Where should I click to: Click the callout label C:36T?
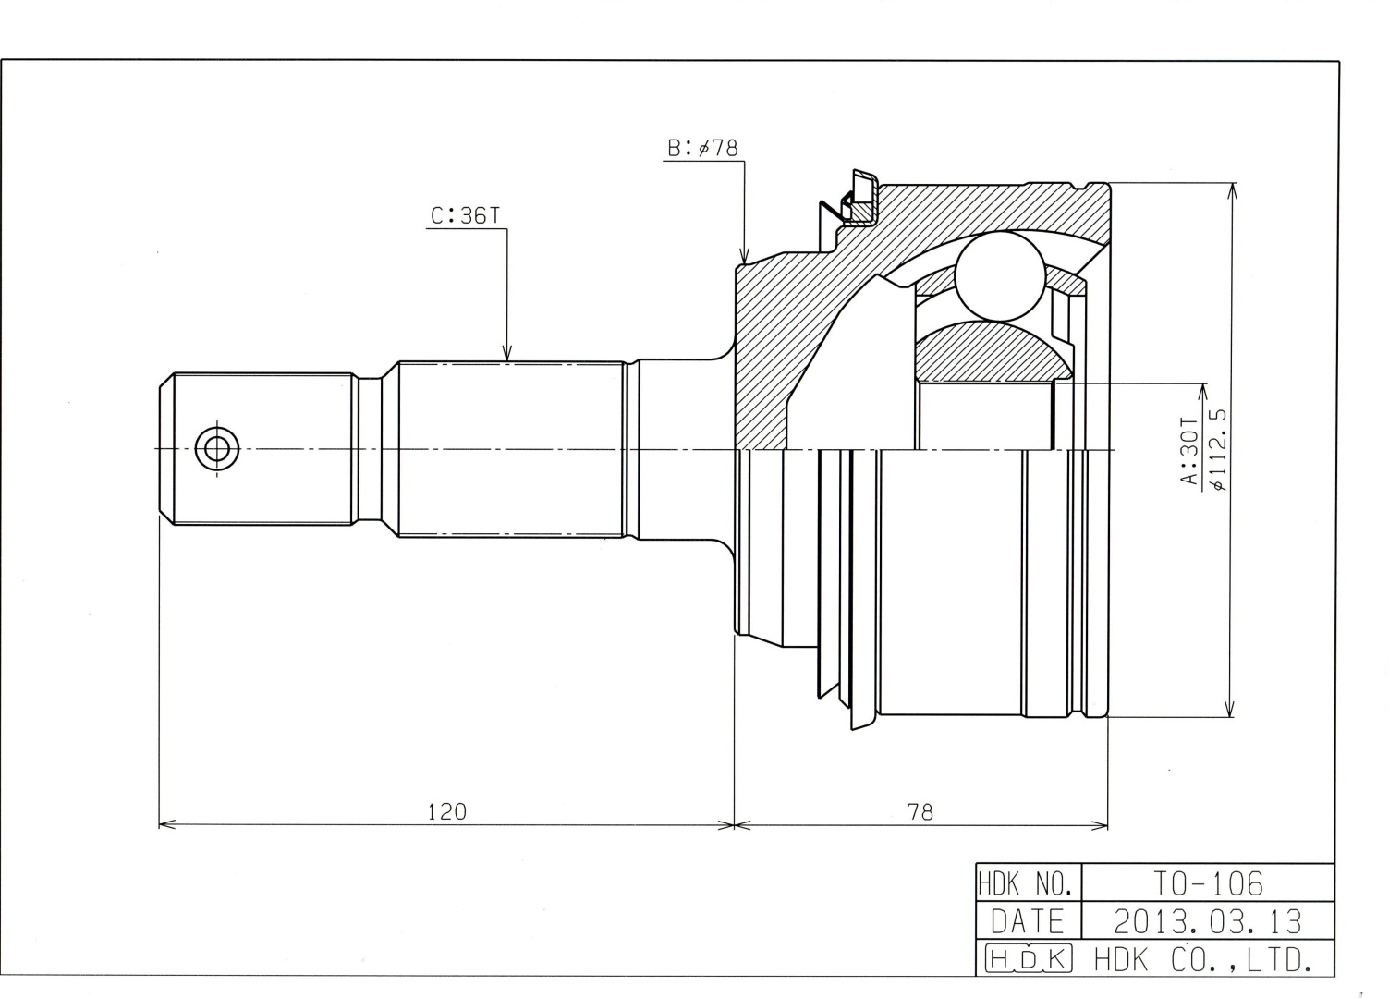465,215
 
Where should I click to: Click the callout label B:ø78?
702,148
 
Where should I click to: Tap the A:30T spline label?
1190,450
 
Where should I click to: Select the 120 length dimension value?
446,811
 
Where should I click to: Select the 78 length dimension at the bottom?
920,811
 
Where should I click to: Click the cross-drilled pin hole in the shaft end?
217,448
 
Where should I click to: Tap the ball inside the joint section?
1000,276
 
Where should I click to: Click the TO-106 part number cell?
1208,884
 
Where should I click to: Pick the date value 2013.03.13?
1208,921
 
